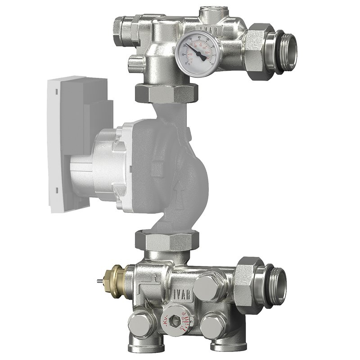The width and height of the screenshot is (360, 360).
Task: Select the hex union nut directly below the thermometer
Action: [166, 92]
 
